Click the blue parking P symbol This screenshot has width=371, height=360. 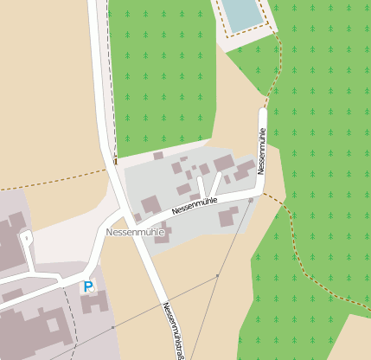pos(87,286)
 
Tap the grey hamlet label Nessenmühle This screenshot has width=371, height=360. pos(134,233)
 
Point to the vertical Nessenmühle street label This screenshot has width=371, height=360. pos(261,150)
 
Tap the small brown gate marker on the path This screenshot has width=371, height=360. pos(114,159)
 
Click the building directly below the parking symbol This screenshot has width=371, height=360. pos(93,303)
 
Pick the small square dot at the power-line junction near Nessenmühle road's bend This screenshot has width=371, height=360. pos(251,201)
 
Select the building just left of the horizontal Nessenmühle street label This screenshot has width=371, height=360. pos(150,205)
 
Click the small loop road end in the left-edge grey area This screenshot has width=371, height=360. pos(25,236)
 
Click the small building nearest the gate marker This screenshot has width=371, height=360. pos(158,156)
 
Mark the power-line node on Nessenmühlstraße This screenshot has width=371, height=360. pos(217,275)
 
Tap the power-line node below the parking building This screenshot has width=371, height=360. pos(112,327)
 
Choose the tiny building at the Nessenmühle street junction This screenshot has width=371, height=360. pos(137,217)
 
